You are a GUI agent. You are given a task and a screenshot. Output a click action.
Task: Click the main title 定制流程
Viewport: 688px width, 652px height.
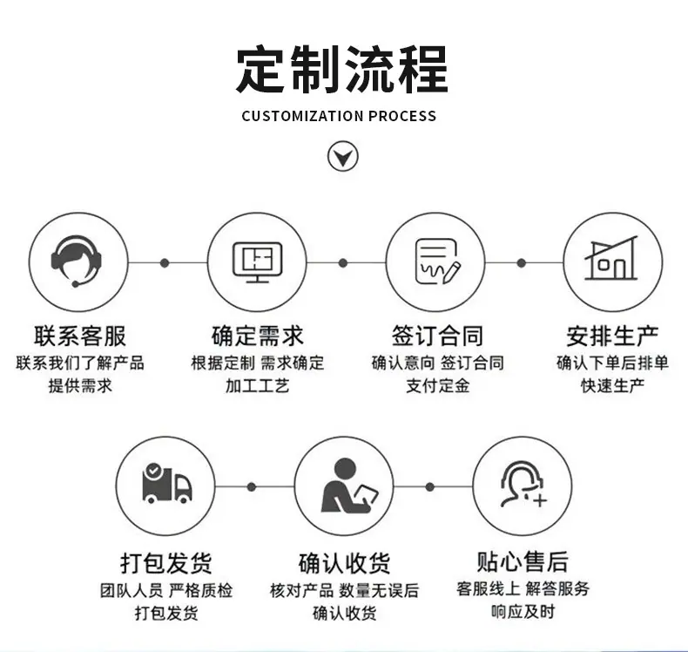coord(341,69)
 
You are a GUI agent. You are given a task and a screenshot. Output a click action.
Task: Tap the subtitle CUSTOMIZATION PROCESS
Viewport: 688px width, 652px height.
coord(339,116)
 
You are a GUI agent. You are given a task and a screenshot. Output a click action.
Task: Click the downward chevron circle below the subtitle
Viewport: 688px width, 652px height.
coord(342,157)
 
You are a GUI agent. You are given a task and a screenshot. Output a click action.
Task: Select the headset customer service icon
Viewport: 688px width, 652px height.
coord(77,261)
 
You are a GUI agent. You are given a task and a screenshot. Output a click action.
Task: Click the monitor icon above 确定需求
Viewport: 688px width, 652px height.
coord(257,261)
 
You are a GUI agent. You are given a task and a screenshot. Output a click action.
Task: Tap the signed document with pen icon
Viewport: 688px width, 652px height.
coord(435,261)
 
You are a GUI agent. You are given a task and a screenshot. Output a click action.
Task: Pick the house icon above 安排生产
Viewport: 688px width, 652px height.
coord(612,261)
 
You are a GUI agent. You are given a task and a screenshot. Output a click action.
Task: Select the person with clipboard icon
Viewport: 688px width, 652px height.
coord(343,486)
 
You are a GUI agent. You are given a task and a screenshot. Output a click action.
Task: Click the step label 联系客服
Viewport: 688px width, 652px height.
coord(80,335)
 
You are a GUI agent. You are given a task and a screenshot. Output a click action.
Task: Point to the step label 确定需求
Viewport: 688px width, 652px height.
coord(258,335)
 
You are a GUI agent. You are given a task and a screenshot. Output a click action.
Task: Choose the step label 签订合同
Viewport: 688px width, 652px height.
coord(436,335)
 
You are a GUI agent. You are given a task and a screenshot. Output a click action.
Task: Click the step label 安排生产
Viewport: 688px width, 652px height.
coord(612,335)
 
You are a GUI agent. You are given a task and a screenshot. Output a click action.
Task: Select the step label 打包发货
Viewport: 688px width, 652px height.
coord(165,562)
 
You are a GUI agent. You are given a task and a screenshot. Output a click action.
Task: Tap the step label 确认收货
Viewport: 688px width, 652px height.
coord(343,562)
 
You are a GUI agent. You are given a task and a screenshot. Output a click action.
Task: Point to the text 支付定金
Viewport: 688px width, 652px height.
coord(437,385)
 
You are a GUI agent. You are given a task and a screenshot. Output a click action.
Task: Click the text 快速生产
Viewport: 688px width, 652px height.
coord(612,385)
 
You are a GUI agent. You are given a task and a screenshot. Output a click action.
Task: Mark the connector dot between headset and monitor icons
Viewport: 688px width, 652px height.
coord(165,262)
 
